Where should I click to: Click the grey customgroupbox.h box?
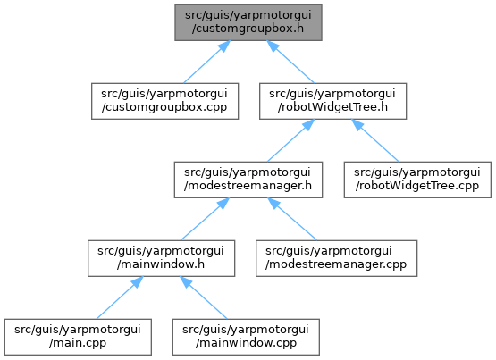click(248, 22)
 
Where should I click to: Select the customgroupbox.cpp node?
click(164, 101)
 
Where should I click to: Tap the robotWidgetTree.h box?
click(332, 101)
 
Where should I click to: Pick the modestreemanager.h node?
click(248, 180)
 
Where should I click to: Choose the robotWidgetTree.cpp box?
click(417, 180)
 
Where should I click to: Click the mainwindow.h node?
click(162, 258)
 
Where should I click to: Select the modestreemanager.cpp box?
click(337, 258)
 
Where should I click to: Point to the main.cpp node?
click(78, 337)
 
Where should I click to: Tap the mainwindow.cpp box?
click(246, 337)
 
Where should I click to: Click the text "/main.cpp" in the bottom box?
click(78, 343)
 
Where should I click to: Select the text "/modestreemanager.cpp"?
click(336, 264)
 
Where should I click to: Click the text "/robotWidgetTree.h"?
click(332, 107)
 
